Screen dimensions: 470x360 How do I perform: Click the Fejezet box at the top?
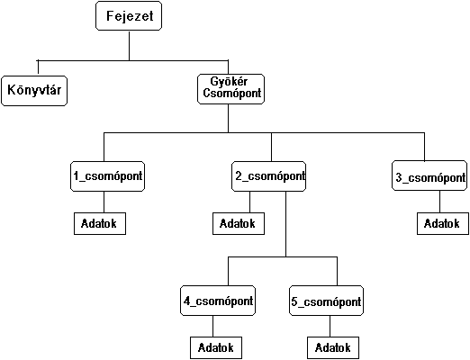(x=129, y=16)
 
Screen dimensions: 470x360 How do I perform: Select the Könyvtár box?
(x=34, y=91)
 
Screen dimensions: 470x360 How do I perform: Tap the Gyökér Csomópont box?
(x=230, y=89)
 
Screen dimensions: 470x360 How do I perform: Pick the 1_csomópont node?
(x=107, y=176)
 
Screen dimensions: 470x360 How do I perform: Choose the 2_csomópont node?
(x=268, y=176)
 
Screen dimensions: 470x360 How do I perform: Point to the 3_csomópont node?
(x=429, y=175)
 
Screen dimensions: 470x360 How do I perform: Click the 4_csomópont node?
(x=218, y=301)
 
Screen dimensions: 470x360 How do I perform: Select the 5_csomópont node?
(x=326, y=301)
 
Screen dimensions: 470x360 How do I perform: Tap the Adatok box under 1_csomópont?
(x=100, y=223)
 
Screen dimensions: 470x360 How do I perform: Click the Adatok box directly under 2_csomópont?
(x=239, y=223)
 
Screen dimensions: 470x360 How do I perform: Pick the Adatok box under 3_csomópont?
(x=443, y=223)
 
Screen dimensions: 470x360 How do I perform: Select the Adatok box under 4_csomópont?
(x=216, y=347)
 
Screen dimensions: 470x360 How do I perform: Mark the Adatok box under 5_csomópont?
(x=333, y=347)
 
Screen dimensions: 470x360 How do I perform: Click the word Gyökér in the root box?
(x=229, y=82)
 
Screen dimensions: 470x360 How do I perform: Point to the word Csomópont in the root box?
(x=232, y=94)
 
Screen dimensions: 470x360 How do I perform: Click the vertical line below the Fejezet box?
(x=130, y=46)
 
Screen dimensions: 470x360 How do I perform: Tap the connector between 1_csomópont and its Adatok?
(x=104, y=202)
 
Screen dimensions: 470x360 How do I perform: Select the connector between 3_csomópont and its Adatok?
(x=440, y=202)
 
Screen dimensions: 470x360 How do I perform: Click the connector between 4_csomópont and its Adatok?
(x=213, y=326)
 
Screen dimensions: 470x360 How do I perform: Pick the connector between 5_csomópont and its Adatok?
(x=330, y=326)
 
